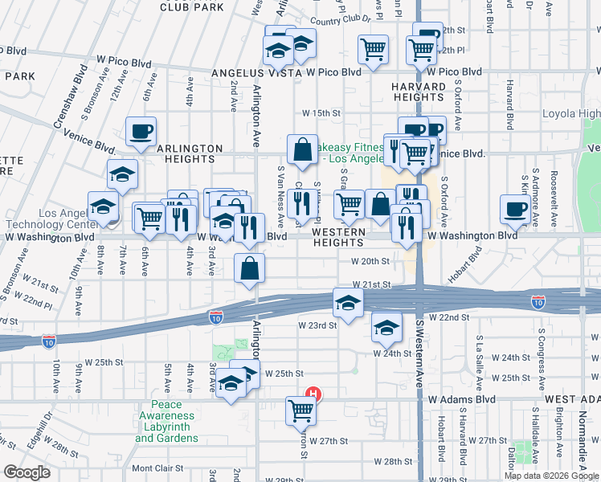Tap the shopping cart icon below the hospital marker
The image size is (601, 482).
pos(301,411)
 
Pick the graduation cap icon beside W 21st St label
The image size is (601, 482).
pos(349,302)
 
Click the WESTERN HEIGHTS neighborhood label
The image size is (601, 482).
pos(338,237)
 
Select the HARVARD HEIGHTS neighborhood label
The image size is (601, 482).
pos(418,92)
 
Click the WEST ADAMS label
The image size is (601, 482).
pos(572,399)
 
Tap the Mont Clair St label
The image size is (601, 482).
pos(157,468)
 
